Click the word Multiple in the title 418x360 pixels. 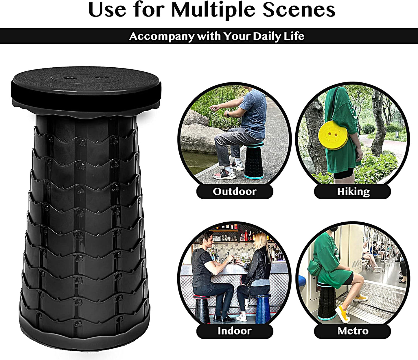coord(214,10)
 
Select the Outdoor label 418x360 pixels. coord(235,191)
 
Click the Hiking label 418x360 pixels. coord(353,191)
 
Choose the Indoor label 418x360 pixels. coord(234,331)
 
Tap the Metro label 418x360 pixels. coord(353,331)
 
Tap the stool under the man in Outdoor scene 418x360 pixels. coord(254,160)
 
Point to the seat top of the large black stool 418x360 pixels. coord(86,84)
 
